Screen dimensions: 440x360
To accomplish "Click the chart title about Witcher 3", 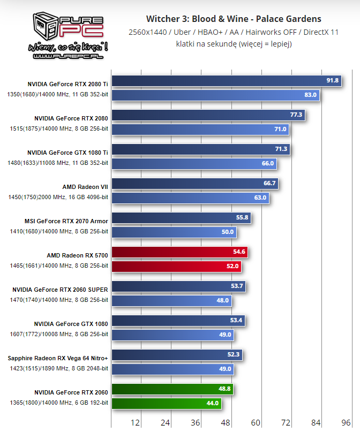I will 234,19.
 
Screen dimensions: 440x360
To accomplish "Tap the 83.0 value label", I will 311,95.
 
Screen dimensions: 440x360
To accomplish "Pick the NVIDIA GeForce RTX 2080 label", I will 71,118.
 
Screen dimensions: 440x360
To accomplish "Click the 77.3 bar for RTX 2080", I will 208,115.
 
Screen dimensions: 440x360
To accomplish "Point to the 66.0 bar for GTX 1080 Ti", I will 194,163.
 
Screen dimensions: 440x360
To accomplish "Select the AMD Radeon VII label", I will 85,187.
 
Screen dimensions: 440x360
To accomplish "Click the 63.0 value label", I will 260,198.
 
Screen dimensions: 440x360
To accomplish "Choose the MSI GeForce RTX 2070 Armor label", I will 66,221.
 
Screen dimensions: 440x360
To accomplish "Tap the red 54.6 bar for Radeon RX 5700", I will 179,252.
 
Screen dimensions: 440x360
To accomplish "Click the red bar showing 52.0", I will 176,266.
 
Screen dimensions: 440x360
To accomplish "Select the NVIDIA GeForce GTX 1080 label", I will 71,324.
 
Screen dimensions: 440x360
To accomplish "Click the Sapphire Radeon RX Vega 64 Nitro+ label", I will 58,358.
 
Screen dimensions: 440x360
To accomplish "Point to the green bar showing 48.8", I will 172,389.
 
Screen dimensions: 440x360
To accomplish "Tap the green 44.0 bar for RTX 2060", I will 166,403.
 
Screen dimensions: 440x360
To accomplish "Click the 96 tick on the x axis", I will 346,423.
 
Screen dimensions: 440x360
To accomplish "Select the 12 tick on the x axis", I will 135,423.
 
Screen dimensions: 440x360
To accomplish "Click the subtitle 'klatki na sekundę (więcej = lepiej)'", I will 234,44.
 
